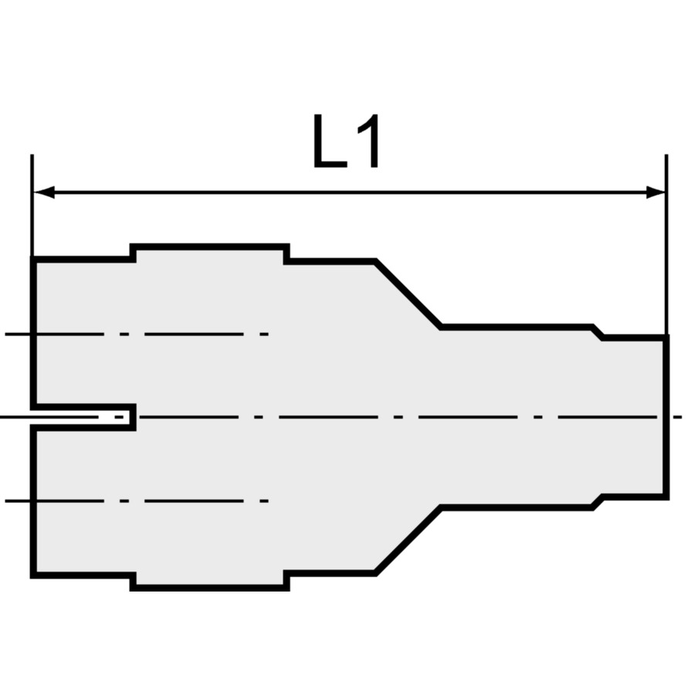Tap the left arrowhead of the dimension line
tap(43, 192)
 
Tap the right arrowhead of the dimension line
tap(656, 192)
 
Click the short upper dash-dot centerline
tap(139, 334)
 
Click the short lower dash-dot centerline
tap(139, 501)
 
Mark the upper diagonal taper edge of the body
tap(408, 295)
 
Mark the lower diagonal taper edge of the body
tap(408, 541)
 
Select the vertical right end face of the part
tap(666, 417)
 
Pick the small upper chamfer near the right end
tap(597, 333)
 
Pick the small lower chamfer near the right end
tap(597, 503)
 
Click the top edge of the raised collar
tap(210, 247)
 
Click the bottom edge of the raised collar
tap(210, 588)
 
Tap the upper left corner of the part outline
tap(33, 259)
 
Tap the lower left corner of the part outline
tap(33, 575)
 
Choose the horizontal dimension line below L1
tap(347, 192)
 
